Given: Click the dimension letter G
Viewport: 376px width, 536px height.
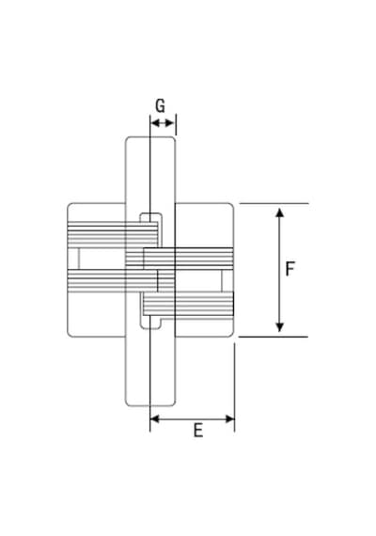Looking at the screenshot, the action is (x=160, y=105).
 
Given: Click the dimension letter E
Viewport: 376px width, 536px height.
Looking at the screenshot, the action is (x=198, y=430).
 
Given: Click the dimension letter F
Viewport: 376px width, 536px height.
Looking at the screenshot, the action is (x=290, y=269).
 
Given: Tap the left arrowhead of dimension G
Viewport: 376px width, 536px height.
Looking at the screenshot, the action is (x=155, y=123).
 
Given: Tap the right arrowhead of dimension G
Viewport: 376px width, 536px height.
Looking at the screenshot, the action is (x=170, y=123).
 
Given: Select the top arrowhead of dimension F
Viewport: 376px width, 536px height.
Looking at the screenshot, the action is (x=279, y=213).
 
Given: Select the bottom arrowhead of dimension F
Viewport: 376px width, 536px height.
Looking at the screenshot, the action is (x=279, y=327).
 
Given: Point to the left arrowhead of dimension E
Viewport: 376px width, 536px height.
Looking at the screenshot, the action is (x=155, y=418).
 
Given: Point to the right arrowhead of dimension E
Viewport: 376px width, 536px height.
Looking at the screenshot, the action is (x=230, y=418).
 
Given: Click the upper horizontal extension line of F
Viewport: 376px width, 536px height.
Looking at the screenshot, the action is (x=274, y=204).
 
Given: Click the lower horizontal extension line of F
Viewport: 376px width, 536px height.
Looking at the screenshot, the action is (x=274, y=337).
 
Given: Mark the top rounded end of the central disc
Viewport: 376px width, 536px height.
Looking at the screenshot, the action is (x=150, y=137).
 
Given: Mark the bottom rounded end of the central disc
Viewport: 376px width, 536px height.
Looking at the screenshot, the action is (x=150, y=405).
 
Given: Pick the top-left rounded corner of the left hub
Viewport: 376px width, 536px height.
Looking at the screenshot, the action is (x=69, y=205).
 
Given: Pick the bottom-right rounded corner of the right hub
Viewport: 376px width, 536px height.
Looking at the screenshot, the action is (x=232, y=335).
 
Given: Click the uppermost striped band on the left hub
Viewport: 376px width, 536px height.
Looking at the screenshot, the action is (x=113, y=234).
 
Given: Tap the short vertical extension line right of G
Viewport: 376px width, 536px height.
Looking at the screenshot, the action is (x=176, y=124).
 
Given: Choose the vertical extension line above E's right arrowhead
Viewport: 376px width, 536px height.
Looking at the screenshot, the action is (x=234, y=387).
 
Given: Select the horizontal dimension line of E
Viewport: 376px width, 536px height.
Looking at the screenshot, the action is (x=193, y=418).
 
